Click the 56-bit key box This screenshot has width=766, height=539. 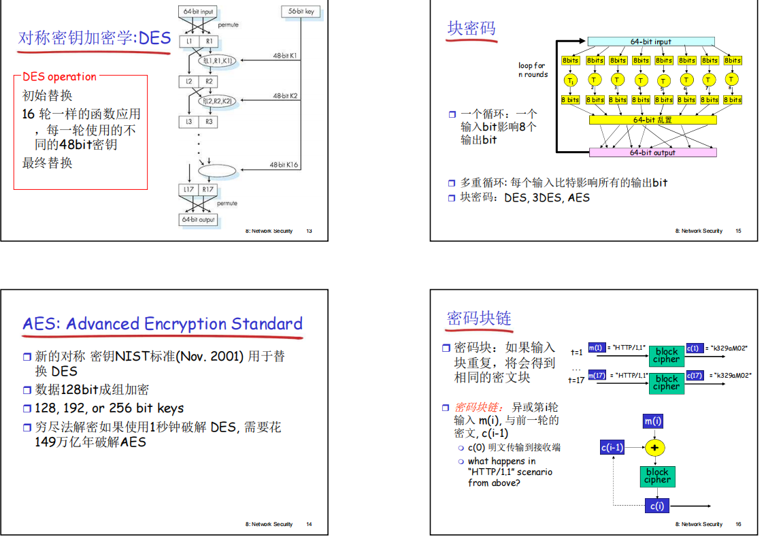coord(301,12)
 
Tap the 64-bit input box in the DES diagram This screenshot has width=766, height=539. coord(198,12)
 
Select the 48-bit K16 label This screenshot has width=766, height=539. coord(284,165)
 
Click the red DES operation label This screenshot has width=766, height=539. coord(60,77)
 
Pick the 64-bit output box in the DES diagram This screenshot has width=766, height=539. coord(198,220)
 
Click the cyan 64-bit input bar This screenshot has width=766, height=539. coord(650,42)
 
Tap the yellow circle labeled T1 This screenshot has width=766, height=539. coord(570,80)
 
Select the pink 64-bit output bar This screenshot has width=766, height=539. coord(652,152)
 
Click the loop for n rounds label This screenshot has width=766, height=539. coord(532,70)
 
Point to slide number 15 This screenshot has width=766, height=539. coord(738,231)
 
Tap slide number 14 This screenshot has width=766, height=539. coord(309,525)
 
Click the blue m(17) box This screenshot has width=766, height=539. coord(596,375)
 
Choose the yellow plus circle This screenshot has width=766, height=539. coord(654,448)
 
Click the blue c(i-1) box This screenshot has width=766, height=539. coord(612,447)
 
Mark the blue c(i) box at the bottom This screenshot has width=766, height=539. coord(656,506)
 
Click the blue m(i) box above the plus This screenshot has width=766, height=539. coord(653,421)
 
